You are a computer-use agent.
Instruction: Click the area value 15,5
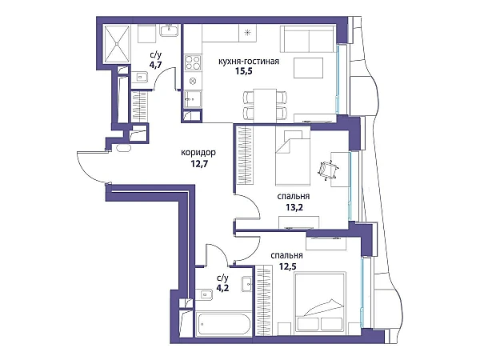(x=244, y=71)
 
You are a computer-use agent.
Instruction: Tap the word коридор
(x=198, y=153)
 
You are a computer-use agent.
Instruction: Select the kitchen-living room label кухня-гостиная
(x=249, y=62)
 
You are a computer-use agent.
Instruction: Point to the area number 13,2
(x=294, y=207)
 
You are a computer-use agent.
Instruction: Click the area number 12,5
(x=287, y=266)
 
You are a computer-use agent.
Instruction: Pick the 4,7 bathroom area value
(x=155, y=66)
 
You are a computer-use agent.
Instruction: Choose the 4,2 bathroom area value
(x=222, y=288)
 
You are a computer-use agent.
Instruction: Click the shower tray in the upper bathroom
(x=117, y=44)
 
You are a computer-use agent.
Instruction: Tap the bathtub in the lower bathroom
(x=223, y=324)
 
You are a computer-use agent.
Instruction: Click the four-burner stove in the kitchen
(x=193, y=62)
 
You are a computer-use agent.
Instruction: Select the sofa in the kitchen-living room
(x=307, y=39)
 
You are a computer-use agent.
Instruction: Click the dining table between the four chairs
(x=265, y=105)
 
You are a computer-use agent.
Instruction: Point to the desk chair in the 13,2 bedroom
(x=326, y=170)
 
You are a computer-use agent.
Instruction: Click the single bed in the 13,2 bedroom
(x=292, y=156)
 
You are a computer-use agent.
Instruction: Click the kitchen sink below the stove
(x=193, y=99)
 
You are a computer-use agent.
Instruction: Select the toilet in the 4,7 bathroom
(x=140, y=77)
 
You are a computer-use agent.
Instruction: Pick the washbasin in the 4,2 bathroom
(x=246, y=284)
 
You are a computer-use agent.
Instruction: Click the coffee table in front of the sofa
(x=309, y=68)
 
